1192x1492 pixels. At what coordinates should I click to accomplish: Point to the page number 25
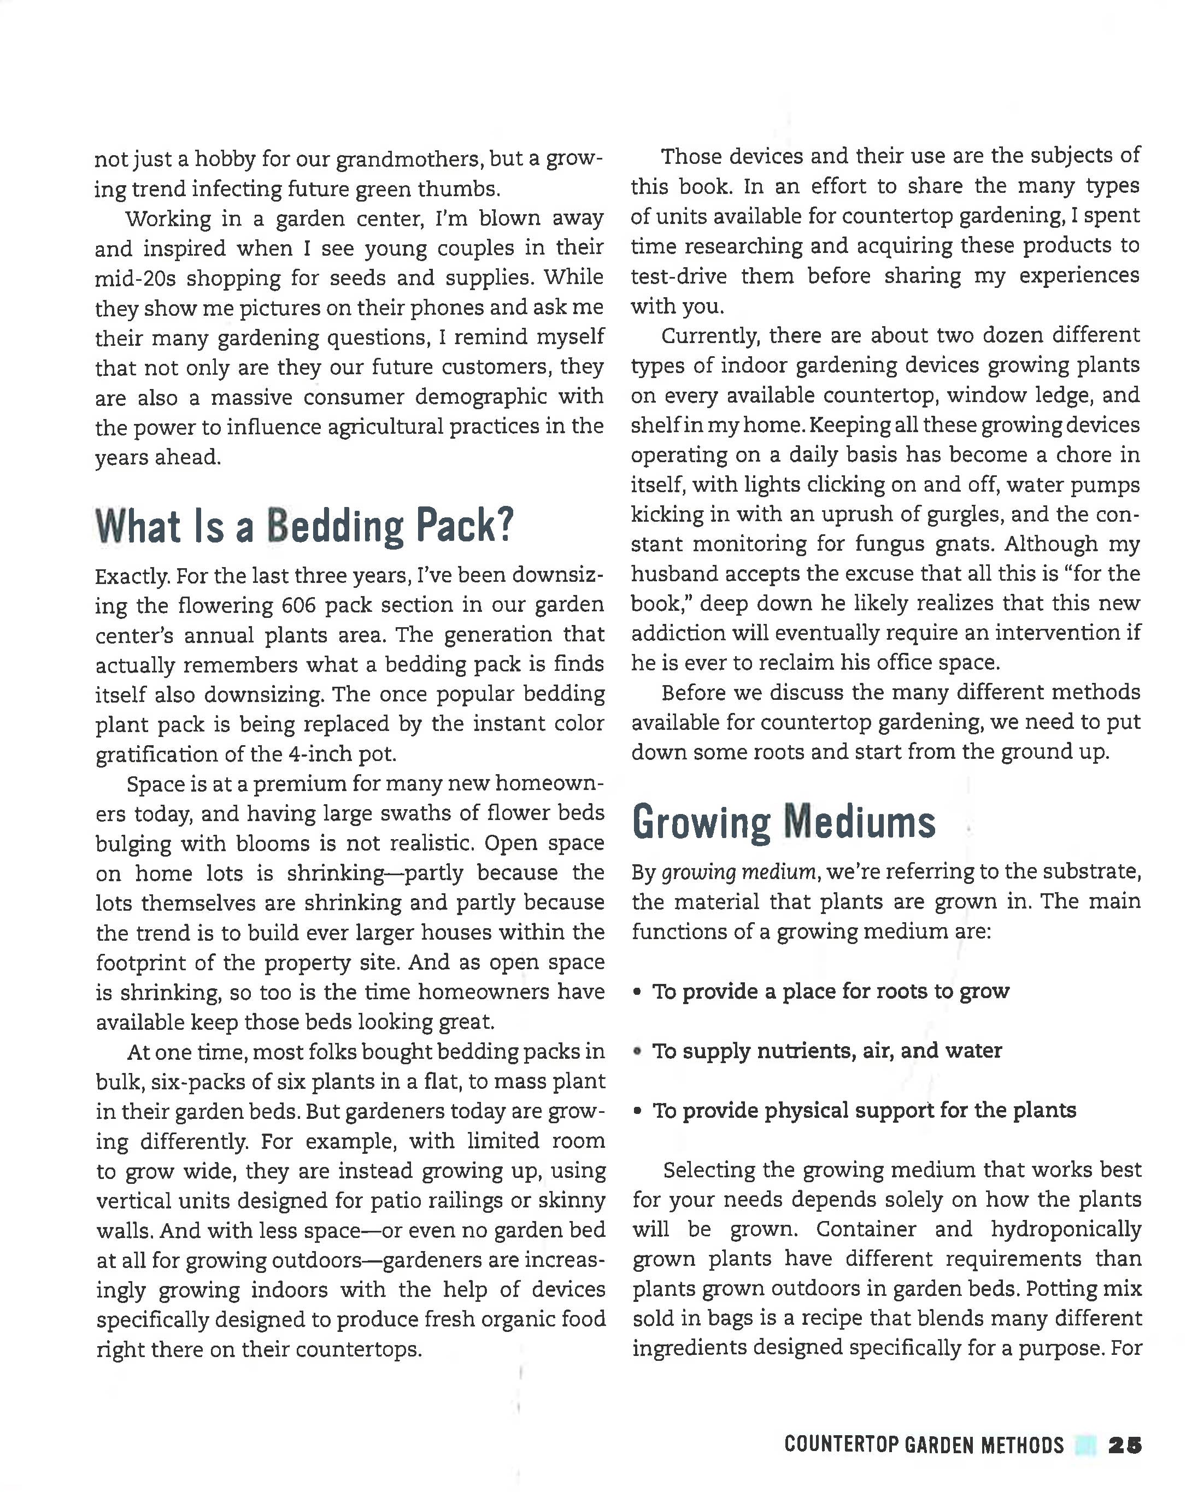point(1125,1445)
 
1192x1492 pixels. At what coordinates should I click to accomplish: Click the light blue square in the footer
point(1085,1445)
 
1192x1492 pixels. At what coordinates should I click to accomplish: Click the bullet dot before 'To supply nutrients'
point(637,1051)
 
